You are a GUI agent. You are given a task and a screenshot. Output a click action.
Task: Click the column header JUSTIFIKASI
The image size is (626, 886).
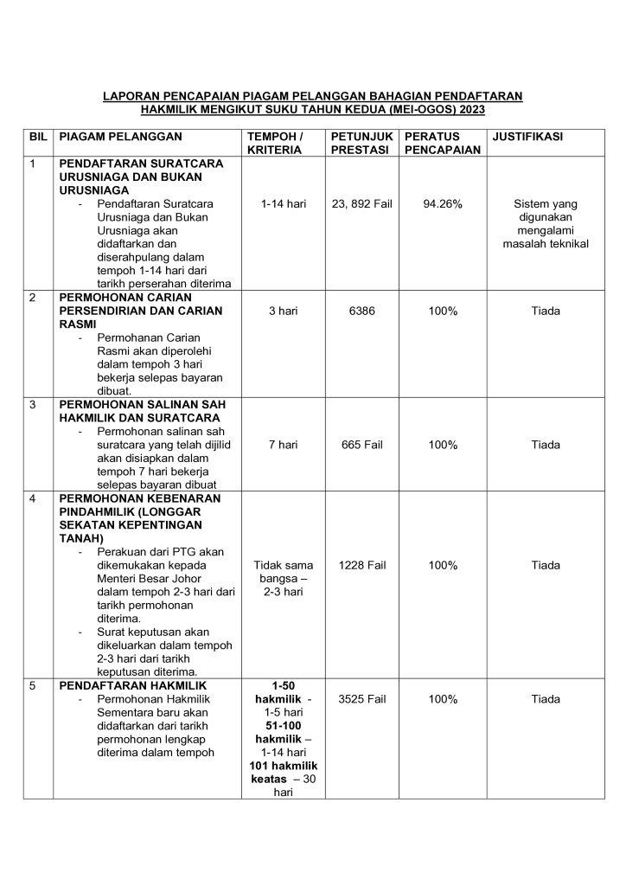[x=527, y=137]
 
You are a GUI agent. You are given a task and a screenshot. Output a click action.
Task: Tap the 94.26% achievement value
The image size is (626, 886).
[x=443, y=204]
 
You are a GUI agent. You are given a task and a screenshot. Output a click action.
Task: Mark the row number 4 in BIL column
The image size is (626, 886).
[x=33, y=499]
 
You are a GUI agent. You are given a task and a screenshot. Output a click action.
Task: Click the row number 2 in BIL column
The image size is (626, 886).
[x=33, y=298]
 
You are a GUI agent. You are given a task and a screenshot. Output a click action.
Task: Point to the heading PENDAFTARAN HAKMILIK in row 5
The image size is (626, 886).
[x=125, y=686]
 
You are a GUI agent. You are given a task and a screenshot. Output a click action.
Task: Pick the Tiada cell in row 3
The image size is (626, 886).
[x=546, y=445]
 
